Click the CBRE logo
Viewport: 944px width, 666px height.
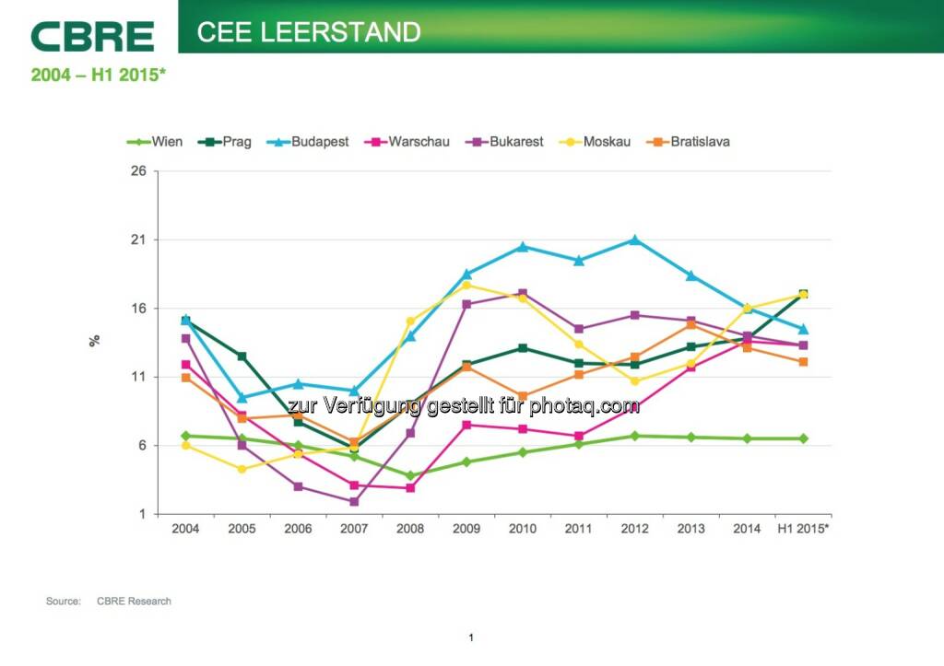[92, 36]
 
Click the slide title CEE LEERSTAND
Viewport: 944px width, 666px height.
[309, 32]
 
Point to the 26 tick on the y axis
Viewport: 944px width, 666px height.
[140, 171]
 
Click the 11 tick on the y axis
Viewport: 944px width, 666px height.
[140, 377]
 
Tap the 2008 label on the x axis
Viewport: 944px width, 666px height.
[411, 529]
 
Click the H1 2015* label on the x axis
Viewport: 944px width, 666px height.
[802, 529]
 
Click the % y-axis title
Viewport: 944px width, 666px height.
[94, 341]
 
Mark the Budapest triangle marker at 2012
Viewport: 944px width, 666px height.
[634, 240]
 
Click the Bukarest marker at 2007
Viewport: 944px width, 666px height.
[354, 502]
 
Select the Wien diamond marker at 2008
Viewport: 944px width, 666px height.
[410, 476]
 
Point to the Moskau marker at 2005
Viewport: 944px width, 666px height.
[242, 469]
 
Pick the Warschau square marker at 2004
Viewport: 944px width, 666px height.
[185, 365]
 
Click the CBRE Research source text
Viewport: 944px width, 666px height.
[134, 602]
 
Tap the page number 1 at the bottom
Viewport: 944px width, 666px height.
[471, 637]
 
